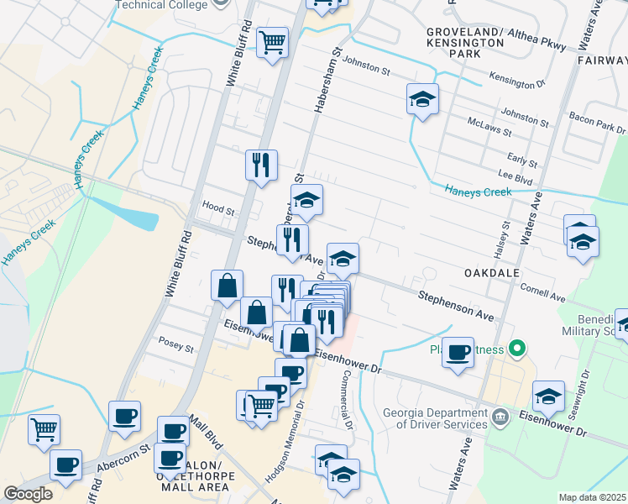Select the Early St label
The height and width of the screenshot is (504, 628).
(x=522, y=160)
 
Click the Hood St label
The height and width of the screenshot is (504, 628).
(x=218, y=206)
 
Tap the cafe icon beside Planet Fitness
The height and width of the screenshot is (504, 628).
(x=458, y=353)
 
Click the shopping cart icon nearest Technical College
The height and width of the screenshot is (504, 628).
(x=272, y=41)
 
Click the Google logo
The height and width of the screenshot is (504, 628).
(x=28, y=494)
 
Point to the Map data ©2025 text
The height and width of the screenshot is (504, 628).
(x=592, y=497)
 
